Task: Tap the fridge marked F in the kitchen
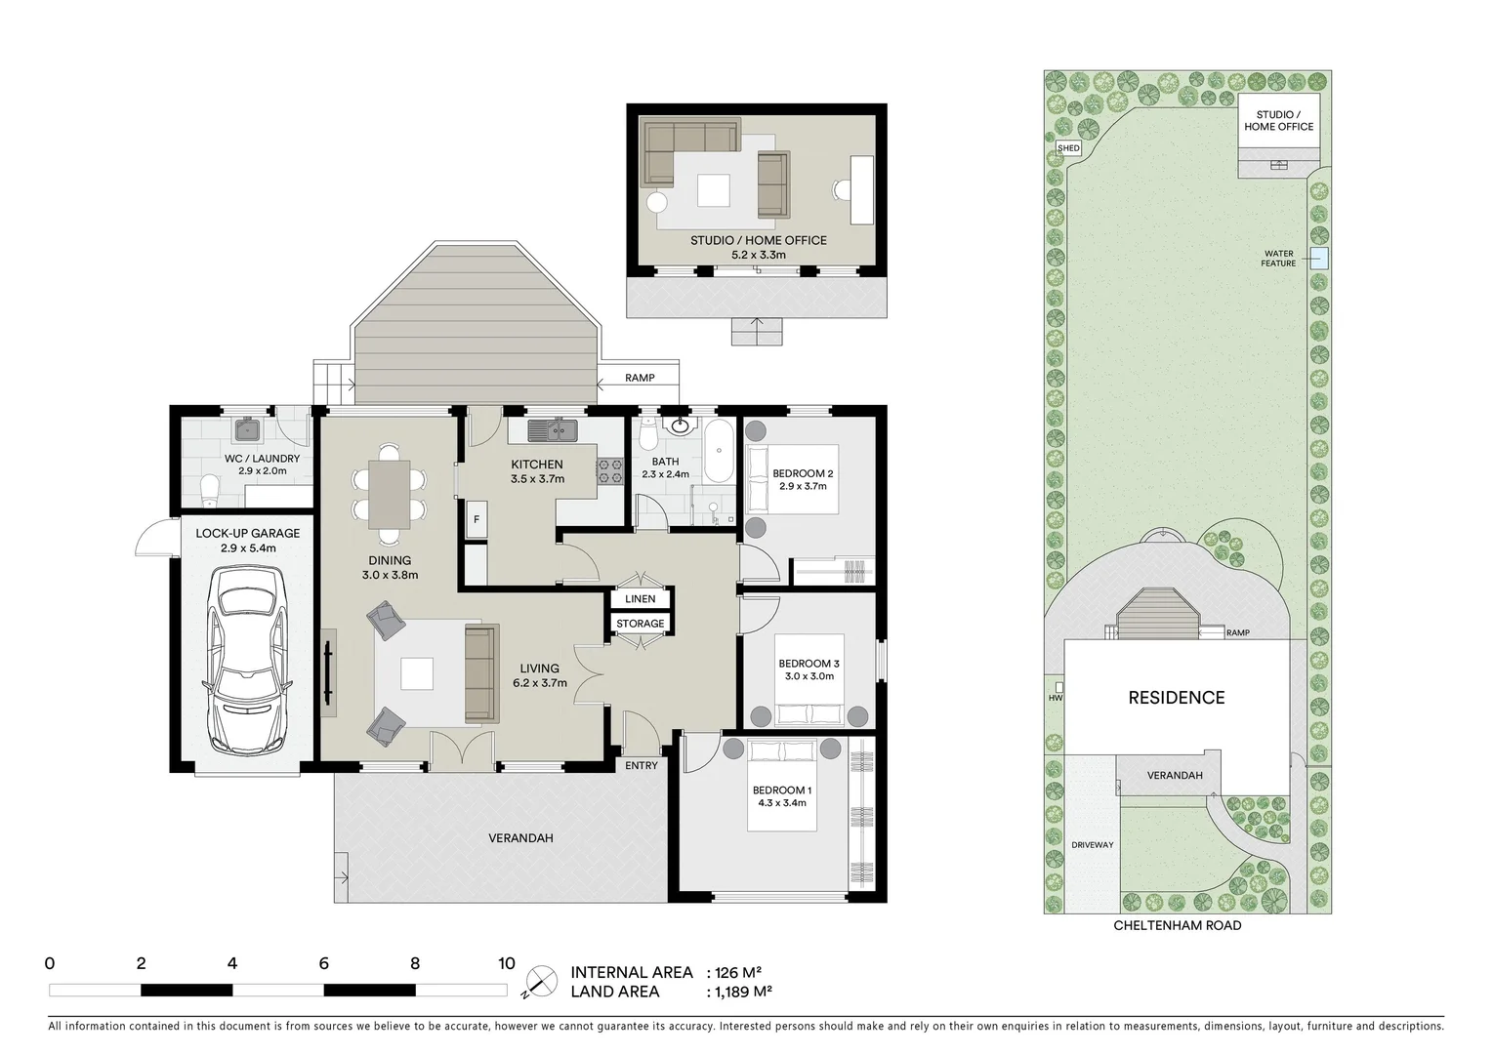coord(477,519)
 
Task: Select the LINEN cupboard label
coord(641,598)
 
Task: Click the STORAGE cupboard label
coord(641,624)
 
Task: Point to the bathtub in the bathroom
coord(720,452)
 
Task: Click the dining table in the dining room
coord(389,493)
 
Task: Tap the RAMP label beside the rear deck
coord(640,378)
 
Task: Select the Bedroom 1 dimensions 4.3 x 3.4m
coord(780,803)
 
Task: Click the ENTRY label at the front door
coord(642,765)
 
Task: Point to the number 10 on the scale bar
coord(506,964)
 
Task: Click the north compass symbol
coord(540,981)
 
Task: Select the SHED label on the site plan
coord(1069,148)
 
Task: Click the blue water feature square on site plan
coord(1319,258)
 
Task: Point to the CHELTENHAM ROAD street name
coord(1177,925)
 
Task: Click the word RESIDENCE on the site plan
coord(1176,698)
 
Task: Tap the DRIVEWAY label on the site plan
coord(1091,845)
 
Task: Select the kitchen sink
coord(554,428)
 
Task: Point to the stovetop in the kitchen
coord(610,470)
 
